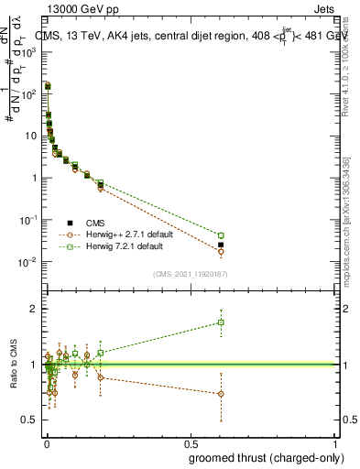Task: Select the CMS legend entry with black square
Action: coord(71,223)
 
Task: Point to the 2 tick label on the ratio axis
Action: coord(33,309)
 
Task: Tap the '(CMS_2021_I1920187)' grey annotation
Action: coord(191,273)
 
